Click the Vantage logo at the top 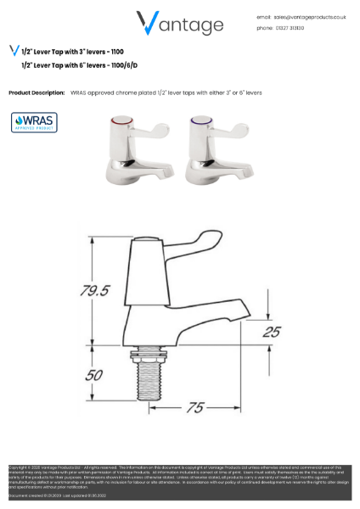(x=179, y=23)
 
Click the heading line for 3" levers (x=72, y=52)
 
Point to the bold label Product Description (x=37, y=92)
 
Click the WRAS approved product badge (x=34, y=122)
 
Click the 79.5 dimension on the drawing (x=96, y=290)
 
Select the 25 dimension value (x=271, y=332)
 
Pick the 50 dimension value (x=96, y=374)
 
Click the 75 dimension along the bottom (x=195, y=408)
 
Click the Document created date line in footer (x=42, y=495)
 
